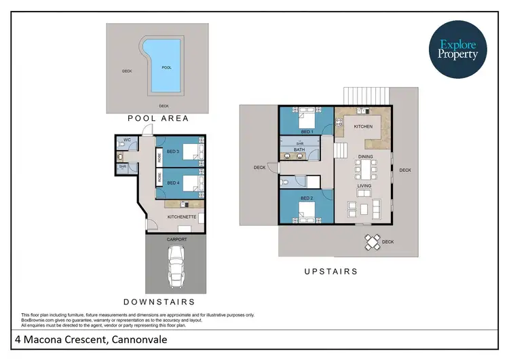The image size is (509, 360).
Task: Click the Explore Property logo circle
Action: pyautogui.click(x=458, y=50)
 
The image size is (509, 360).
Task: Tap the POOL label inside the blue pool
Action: pyautogui.click(x=166, y=67)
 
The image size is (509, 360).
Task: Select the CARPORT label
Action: pyautogui.click(x=176, y=239)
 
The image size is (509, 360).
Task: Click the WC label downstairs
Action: pyautogui.click(x=127, y=141)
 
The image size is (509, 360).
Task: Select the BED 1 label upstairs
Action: pyautogui.click(x=306, y=130)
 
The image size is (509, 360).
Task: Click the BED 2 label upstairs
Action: pyautogui.click(x=306, y=199)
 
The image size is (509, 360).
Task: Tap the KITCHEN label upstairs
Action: pyautogui.click(x=364, y=126)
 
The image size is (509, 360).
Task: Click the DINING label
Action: pyautogui.click(x=366, y=157)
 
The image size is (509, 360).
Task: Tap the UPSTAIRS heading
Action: pyautogui.click(x=331, y=271)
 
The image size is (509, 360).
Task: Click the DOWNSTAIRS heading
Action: pyautogui.click(x=159, y=301)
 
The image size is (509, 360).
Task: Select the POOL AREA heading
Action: pyautogui.click(x=158, y=118)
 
